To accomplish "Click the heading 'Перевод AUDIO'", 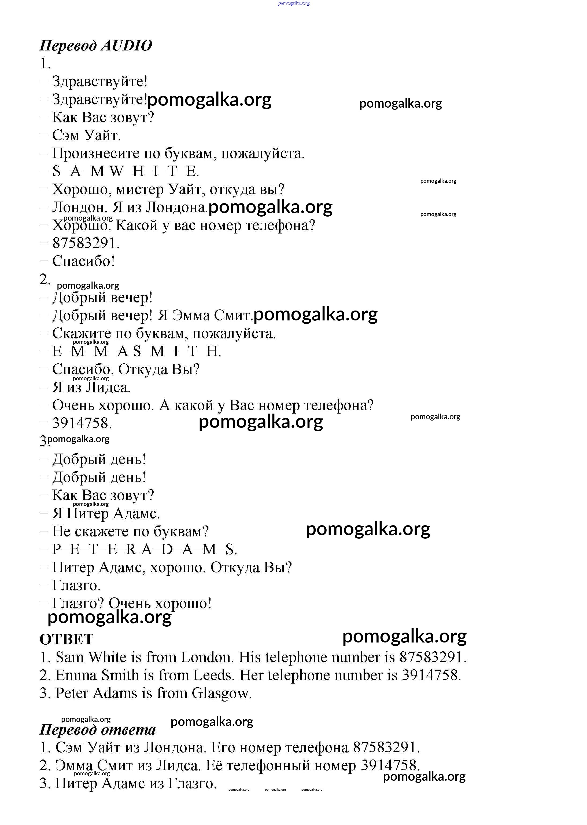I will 96,46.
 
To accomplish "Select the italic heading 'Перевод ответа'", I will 98,729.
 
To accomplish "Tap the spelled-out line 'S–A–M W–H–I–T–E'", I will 125,171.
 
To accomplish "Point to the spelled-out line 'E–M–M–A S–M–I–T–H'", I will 137,351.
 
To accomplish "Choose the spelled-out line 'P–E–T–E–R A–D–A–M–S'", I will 145,549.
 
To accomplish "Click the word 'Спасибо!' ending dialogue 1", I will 83,261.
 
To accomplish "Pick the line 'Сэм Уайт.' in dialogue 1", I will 86,135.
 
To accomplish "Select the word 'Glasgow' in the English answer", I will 221,693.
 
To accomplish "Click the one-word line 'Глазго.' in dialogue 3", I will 76,585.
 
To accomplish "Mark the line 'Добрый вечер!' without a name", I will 102,297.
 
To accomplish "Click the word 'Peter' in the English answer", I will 72,693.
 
